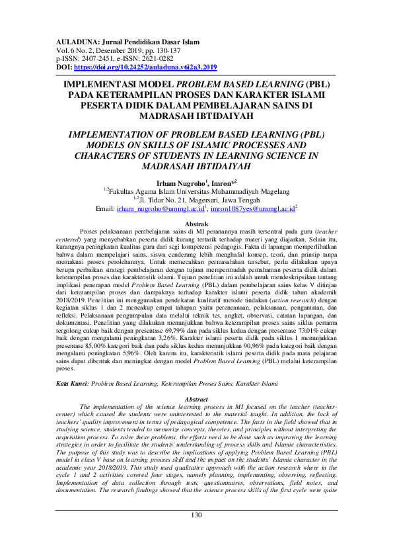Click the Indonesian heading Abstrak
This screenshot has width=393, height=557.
pyautogui.click(x=196, y=225)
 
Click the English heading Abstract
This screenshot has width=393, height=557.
pyautogui.click(x=196, y=400)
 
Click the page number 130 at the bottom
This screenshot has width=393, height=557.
pyautogui.click(x=196, y=534)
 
